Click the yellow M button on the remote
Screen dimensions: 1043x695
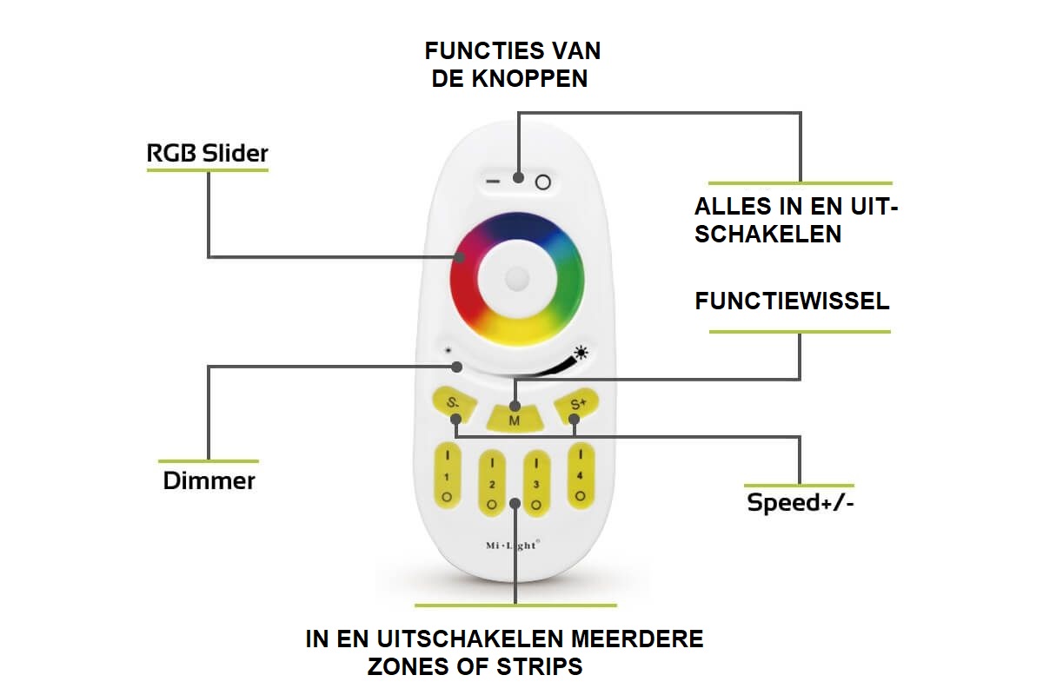click(515, 418)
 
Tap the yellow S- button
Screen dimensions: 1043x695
click(455, 405)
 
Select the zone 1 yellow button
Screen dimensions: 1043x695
click(447, 475)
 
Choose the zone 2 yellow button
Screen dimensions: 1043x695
click(492, 483)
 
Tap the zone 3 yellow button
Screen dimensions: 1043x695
click(536, 483)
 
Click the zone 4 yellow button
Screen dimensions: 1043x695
click(581, 475)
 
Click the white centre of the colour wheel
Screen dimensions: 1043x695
click(517, 280)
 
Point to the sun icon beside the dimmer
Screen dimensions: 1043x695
click(581, 353)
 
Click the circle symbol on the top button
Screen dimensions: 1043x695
click(543, 182)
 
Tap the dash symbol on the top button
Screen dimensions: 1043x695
click(493, 181)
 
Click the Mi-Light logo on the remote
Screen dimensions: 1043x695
click(513, 545)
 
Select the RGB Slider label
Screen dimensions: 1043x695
click(207, 153)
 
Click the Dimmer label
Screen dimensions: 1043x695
click(209, 481)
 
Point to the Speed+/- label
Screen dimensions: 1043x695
click(801, 503)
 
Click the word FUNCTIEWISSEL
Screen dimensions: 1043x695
click(792, 301)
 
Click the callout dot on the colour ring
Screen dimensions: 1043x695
click(460, 257)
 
